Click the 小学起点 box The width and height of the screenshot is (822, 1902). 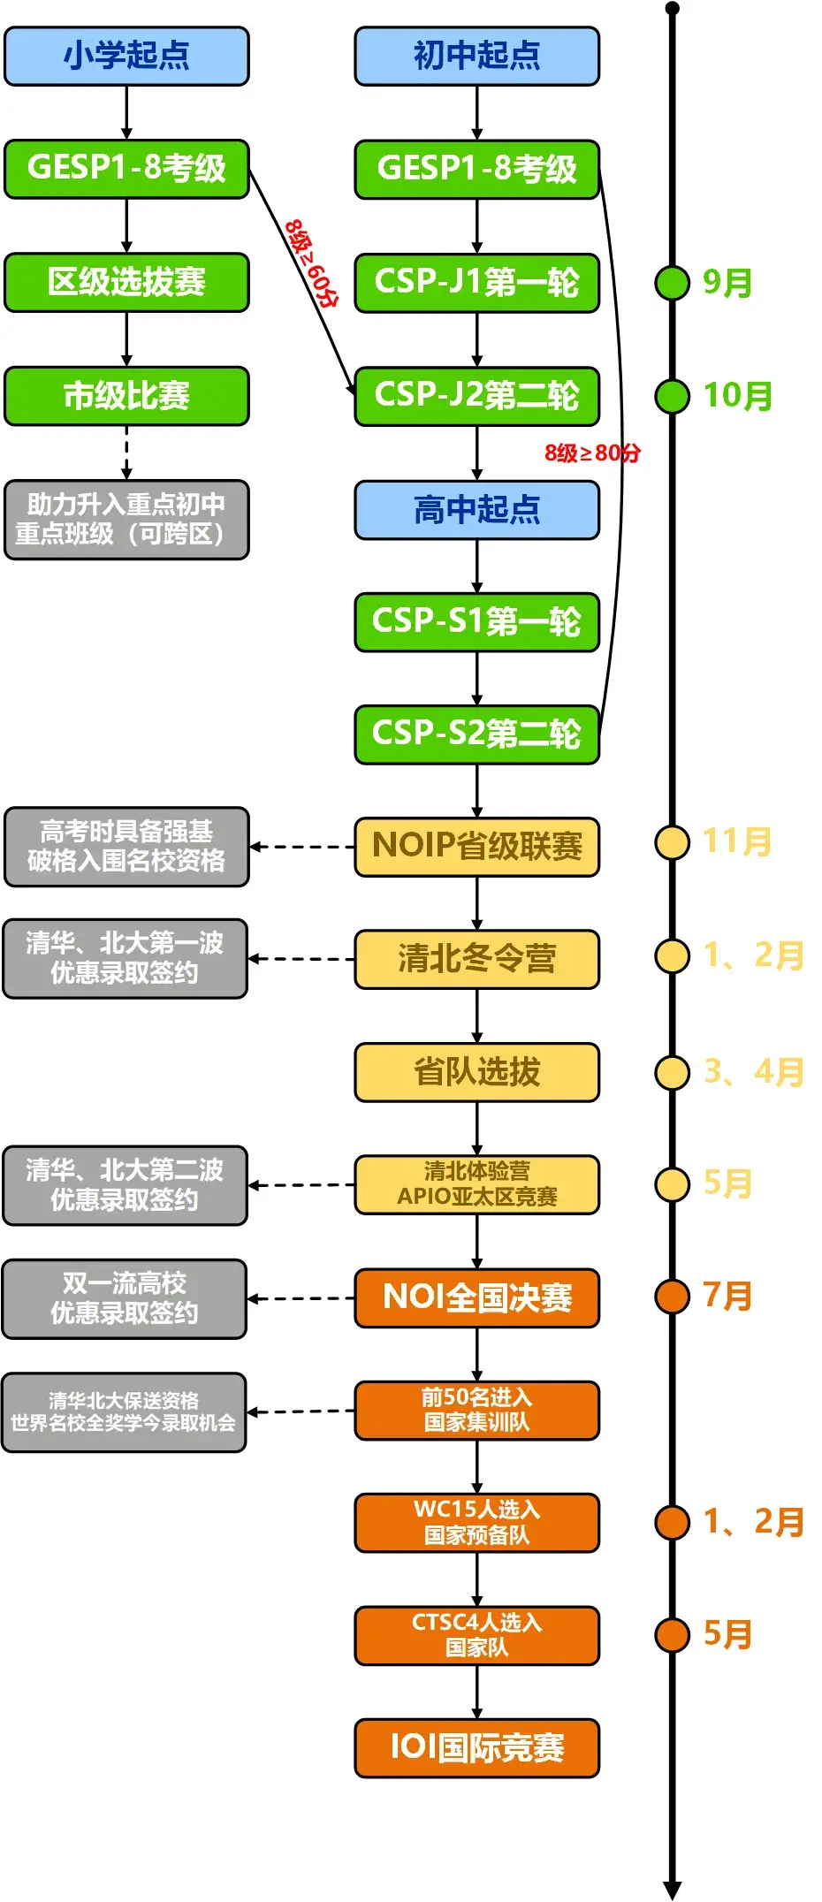126,56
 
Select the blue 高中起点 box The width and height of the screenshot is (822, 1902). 476,510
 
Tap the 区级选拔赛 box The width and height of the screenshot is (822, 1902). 126,282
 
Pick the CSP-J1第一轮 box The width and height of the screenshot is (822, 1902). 476,282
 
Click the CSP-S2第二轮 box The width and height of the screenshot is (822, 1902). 476,734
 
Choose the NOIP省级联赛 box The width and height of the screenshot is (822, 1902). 476,846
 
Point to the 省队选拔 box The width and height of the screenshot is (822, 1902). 476,1072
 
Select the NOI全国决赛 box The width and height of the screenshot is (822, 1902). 476,1297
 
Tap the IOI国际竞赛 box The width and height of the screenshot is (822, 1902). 476,1747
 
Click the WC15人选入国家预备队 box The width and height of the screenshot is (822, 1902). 476,1522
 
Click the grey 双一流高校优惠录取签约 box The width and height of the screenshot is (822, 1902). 125,1298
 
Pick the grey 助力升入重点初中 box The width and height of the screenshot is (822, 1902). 126,520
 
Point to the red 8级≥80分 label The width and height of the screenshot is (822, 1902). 591,453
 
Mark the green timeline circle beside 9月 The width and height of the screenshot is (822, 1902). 672,283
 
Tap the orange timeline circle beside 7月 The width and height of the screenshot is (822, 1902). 672,1297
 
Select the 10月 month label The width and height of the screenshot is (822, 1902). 737,396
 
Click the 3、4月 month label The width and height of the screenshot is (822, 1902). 753,1072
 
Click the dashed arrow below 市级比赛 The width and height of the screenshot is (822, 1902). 126,453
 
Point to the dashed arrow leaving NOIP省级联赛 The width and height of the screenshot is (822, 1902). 301,847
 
